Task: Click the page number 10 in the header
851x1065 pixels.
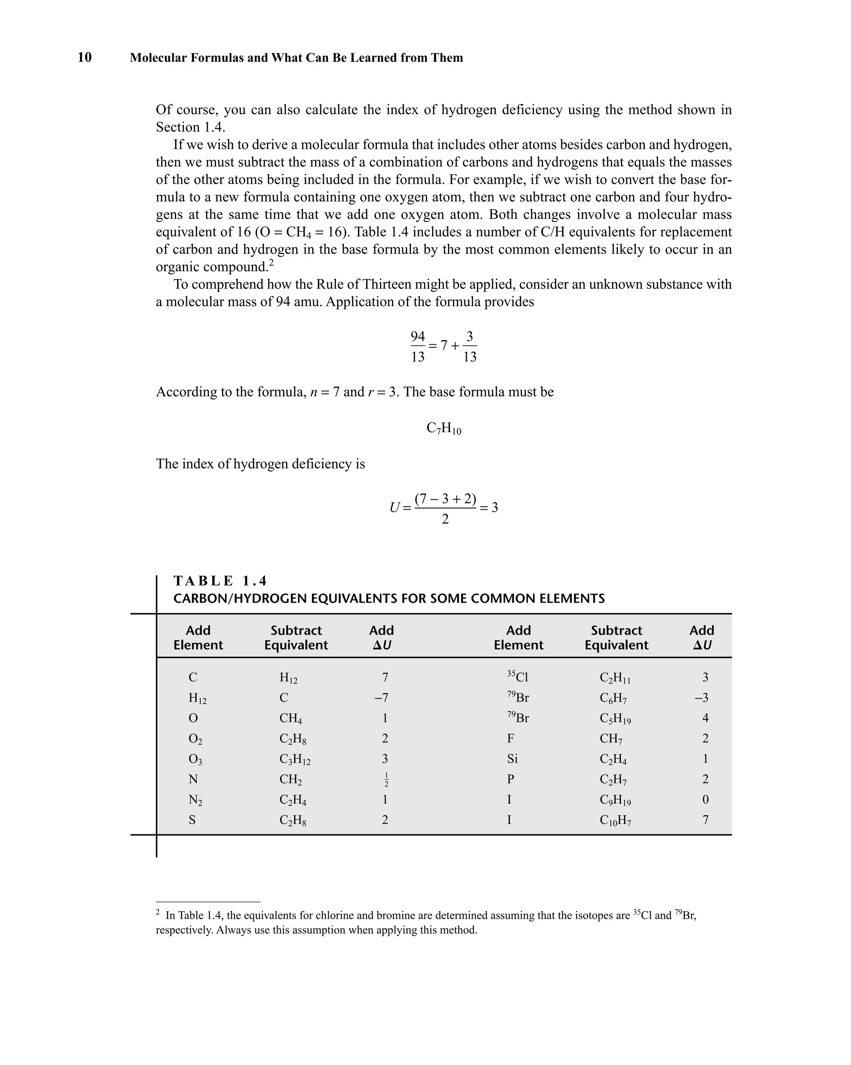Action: pos(84,57)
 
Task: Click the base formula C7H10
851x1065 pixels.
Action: pos(443,428)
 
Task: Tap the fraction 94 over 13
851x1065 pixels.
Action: pos(418,346)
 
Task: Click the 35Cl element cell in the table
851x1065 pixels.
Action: pos(517,676)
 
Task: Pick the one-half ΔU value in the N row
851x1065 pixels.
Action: pos(386,780)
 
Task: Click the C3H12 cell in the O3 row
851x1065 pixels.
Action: pos(295,759)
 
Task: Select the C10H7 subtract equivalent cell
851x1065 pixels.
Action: pos(615,820)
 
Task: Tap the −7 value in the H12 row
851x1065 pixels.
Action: pos(381,697)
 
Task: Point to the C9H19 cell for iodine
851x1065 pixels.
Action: pos(615,800)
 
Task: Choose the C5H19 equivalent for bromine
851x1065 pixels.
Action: pos(615,718)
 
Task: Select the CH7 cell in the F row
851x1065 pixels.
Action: pos(611,739)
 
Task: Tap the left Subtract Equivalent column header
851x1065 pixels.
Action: pos(296,637)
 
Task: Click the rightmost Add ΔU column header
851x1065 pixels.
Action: pos(702,637)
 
